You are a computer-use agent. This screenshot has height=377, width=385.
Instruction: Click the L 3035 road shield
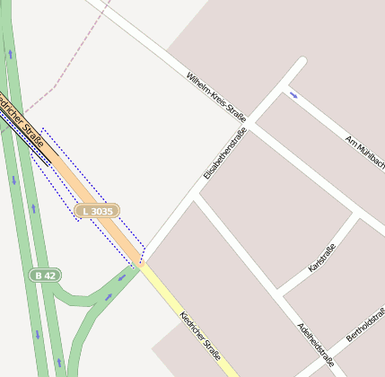tap(97, 211)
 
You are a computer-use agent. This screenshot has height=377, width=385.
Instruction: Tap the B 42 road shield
tap(46, 275)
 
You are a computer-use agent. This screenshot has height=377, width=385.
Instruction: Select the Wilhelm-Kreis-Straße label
tap(215, 98)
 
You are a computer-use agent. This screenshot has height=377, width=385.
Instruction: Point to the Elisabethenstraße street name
tap(224, 153)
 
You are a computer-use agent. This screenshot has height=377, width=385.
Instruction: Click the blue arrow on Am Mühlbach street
tap(293, 93)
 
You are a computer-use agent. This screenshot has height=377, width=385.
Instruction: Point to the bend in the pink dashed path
tap(56, 87)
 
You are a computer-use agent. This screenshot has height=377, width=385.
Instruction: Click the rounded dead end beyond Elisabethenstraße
tap(301, 64)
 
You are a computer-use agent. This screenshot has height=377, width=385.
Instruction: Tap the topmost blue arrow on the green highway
tap(11, 54)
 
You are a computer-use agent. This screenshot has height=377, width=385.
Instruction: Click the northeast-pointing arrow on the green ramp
tap(109, 295)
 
